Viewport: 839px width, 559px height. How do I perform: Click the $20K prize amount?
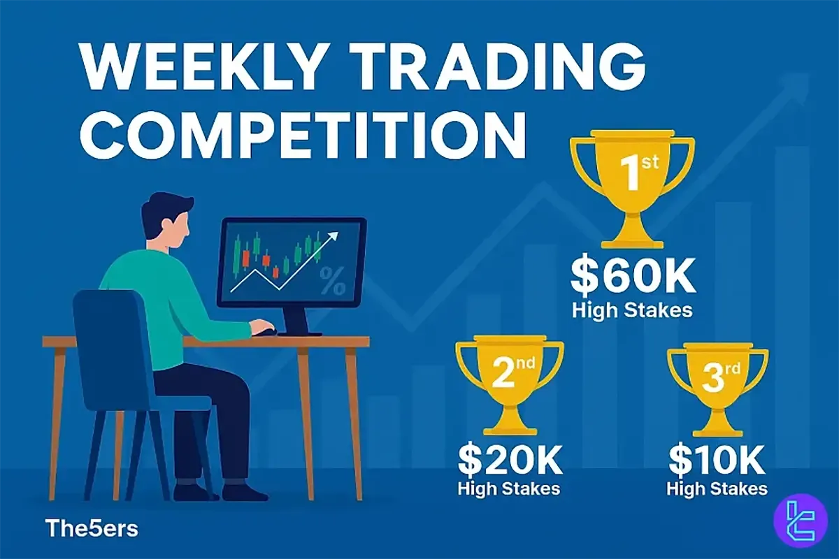point(509,460)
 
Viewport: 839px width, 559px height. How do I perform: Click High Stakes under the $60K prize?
point(633,310)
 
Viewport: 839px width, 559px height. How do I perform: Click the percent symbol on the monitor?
point(331,283)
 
